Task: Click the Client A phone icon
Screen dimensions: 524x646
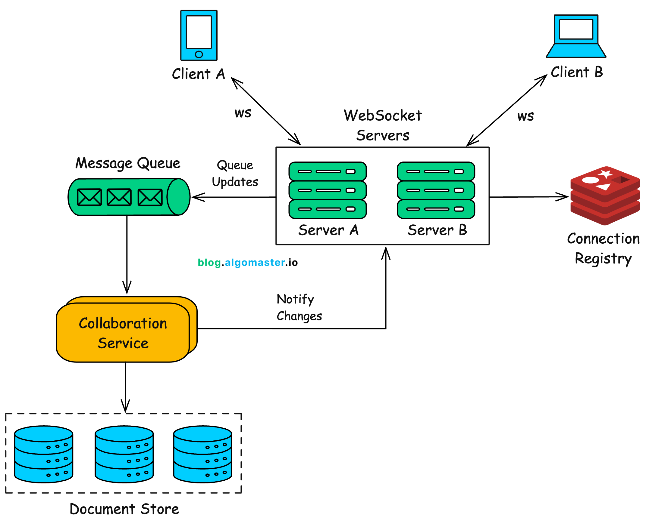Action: (x=199, y=35)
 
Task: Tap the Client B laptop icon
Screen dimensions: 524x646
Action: (x=576, y=36)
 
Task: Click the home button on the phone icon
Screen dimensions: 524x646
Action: (x=199, y=54)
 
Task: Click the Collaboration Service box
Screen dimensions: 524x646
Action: (x=123, y=333)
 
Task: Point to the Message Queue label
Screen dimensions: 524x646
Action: (x=127, y=163)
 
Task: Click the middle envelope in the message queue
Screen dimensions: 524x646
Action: (x=119, y=197)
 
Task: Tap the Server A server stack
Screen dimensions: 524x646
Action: (x=328, y=190)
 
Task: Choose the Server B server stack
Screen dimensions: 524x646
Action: (x=436, y=190)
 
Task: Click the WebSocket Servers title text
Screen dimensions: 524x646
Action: (x=382, y=125)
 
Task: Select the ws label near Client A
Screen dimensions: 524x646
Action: (x=243, y=113)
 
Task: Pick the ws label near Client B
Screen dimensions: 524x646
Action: (x=525, y=116)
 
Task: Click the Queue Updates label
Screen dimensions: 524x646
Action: (x=235, y=173)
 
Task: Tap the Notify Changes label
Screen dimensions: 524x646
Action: (x=299, y=308)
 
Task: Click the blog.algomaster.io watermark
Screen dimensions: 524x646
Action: (x=248, y=262)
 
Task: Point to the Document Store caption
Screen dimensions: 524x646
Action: (x=124, y=509)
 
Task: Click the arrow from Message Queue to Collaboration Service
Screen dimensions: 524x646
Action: (x=127, y=254)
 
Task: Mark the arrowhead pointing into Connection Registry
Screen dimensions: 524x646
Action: (x=563, y=197)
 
